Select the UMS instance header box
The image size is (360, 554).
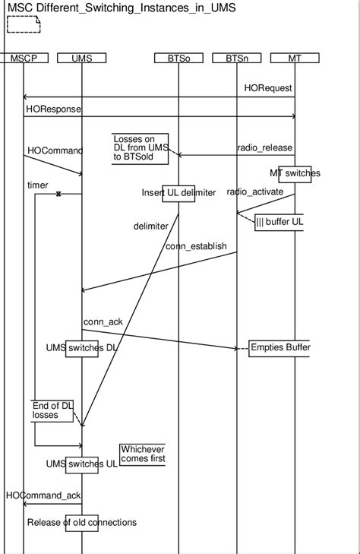81,58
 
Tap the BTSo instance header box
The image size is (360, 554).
178,58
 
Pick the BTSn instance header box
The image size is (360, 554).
237,58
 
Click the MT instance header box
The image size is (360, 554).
295,58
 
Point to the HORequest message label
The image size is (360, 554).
268,88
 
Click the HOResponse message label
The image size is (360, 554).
53,109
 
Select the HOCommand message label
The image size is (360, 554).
55,150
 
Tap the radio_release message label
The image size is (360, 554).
265,147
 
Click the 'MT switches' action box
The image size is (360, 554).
295,173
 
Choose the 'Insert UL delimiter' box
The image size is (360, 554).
178,193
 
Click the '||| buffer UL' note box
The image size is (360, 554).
279,222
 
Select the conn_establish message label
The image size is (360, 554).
196,245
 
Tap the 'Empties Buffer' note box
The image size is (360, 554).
279,348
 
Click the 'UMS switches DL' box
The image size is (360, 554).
81,348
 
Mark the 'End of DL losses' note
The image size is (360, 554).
52,410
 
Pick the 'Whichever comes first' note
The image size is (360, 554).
142,454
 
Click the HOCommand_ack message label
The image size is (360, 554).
43,495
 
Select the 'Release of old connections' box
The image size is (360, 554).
81,522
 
